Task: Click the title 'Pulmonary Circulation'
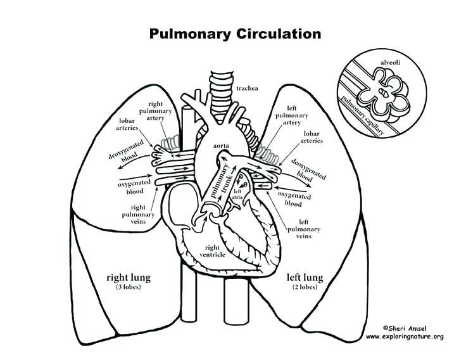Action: (x=235, y=33)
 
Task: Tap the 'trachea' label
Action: (x=248, y=88)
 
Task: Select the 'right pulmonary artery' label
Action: (x=160, y=112)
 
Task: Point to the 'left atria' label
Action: (x=238, y=194)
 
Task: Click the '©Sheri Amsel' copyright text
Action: (x=404, y=328)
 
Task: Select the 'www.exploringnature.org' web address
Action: (x=405, y=337)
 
